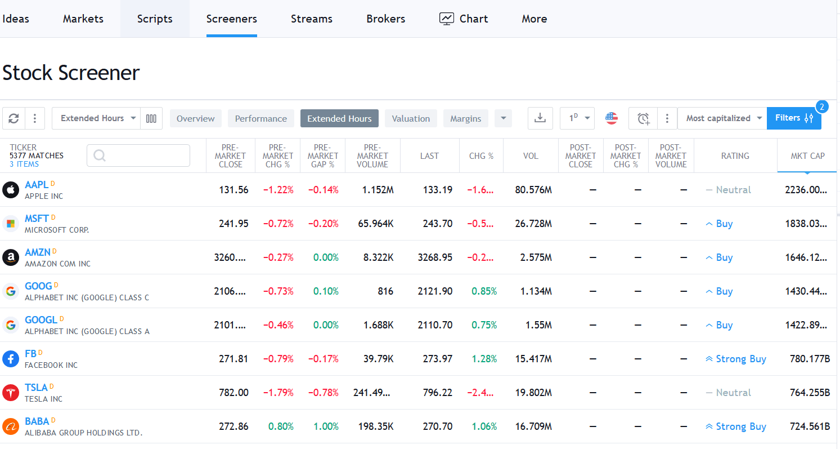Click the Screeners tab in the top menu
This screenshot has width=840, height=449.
[x=231, y=19]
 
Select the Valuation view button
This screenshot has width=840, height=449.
[x=411, y=118]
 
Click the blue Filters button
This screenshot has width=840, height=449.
[x=793, y=118]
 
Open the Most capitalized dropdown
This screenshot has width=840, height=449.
[x=722, y=118]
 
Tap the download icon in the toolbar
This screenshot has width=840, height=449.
[x=540, y=118]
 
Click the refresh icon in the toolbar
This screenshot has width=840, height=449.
[x=14, y=118]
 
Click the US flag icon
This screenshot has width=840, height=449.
[x=612, y=118]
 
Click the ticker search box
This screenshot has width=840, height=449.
[x=138, y=155]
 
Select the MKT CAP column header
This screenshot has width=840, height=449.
[x=807, y=156]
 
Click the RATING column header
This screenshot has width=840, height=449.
[x=735, y=156]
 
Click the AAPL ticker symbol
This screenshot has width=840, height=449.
[x=37, y=185]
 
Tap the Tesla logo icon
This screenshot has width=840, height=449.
[x=11, y=393]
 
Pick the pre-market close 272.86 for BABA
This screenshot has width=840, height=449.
[x=233, y=426]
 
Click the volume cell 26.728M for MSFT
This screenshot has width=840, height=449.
[x=533, y=224]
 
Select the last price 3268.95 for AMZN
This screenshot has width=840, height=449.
[x=435, y=257]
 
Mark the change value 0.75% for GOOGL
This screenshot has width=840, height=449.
[x=484, y=325]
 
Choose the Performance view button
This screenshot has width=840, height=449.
[x=260, y=118]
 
